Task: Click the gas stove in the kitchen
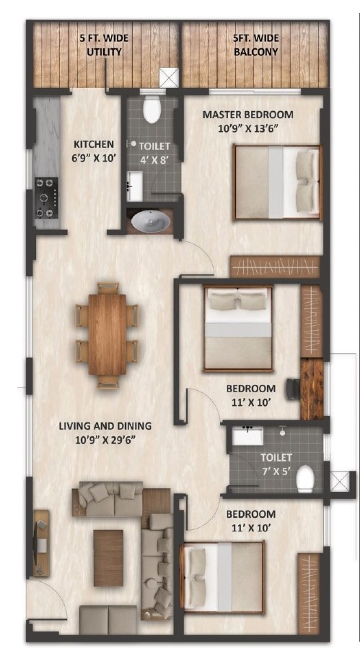[47, 198]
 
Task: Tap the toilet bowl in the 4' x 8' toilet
[152, 110]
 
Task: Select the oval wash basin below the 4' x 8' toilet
[150, 220]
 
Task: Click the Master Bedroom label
[247, 121]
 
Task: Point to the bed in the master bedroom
[277, 182]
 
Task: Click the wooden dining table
[107, 335]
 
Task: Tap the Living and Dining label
[105, 433]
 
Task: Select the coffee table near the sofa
[108, 558]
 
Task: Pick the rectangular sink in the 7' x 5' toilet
[247, 435]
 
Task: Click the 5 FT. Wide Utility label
[104, 45]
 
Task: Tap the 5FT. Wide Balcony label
[255, 45]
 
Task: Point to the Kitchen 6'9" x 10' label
[94, 151]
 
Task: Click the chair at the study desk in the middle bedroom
[293, 389]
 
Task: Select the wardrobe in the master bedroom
[275, 267]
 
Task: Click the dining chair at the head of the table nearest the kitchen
[107, 288]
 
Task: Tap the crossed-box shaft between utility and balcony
[169, 78]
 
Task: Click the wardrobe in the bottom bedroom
[309, 593]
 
